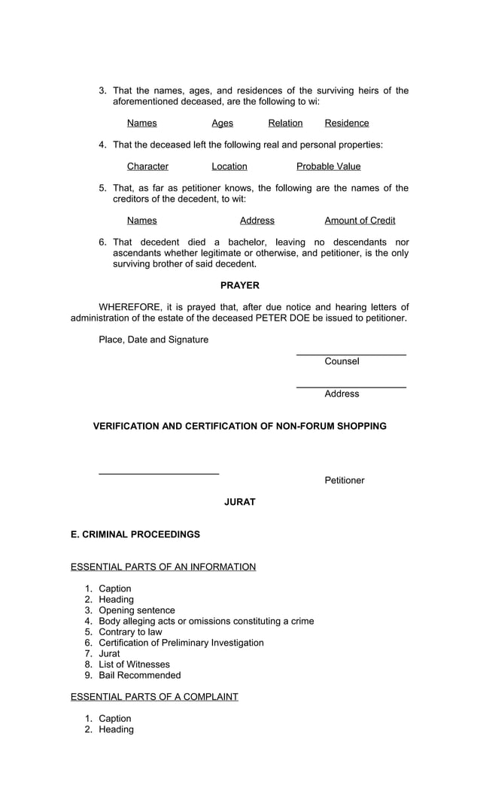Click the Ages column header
point(222,123)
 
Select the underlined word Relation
point(285,123)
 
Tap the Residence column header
point(347,123)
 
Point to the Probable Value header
point(328,166)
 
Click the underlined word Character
point(147,166)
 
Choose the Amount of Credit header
point(360,221)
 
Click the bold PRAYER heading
point(239,285)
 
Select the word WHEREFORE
point(129,307)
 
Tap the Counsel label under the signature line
point(342,361)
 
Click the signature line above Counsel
point(351,354)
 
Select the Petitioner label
point(345,480)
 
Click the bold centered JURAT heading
point(239,502)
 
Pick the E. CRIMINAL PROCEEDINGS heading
point(135,534)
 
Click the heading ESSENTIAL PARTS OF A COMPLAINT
point(154,697)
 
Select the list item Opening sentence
point(137,610)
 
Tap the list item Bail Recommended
point(140,675)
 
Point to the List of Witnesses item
point(134,665)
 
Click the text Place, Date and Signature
point(153,339)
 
